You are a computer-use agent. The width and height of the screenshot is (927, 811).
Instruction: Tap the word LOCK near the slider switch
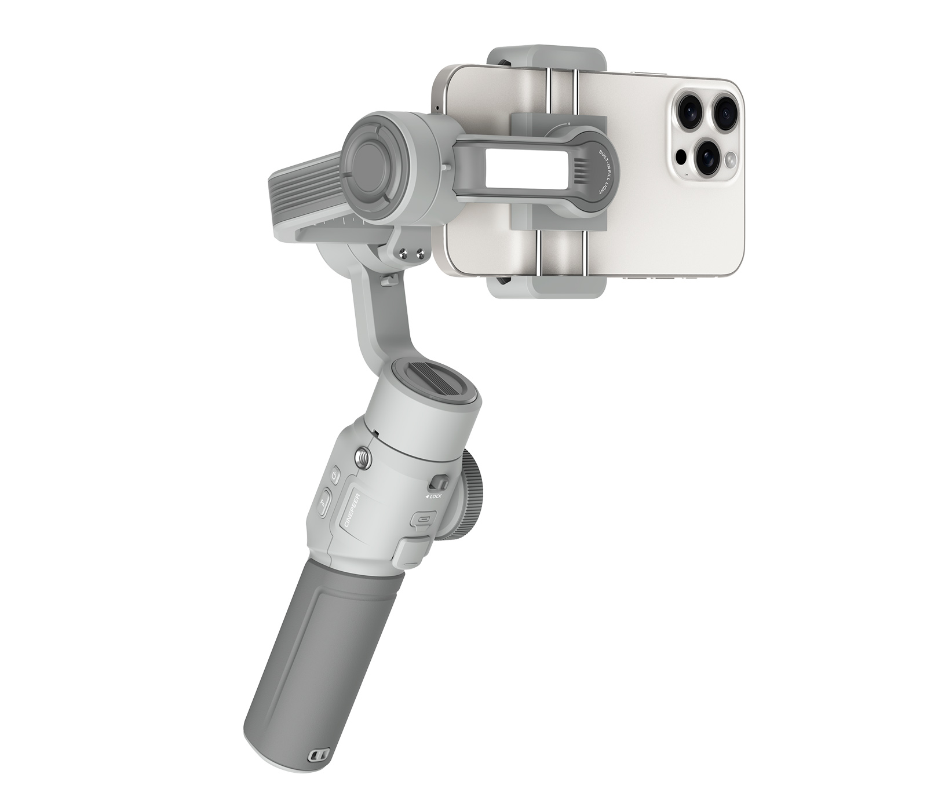click(x=434, y=496)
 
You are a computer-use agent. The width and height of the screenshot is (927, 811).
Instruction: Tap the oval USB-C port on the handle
click(x=421, y=520)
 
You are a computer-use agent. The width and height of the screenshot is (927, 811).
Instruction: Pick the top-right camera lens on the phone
click(x=725, y=112)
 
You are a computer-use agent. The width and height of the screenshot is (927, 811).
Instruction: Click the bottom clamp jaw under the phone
click(x=548, y=287)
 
